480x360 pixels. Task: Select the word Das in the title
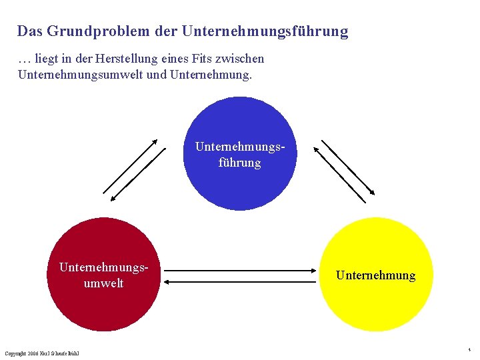tap(30, 31)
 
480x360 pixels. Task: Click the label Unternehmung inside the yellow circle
tap(375, 275)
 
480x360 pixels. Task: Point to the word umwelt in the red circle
tap(103, 283)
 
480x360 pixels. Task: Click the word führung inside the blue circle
tap(239, 162)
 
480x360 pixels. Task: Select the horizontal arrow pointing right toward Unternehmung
tap(240, 270)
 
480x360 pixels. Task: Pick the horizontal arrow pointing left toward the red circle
tap(240, 282)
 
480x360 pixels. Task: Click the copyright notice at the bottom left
tap(42, 353)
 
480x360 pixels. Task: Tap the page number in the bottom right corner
tap(469, 349)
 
